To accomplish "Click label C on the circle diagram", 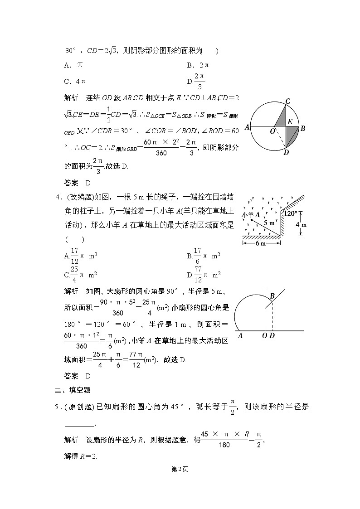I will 287,101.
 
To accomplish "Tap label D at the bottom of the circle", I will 286,153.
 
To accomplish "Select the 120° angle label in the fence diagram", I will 290,213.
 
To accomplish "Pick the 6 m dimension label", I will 261,243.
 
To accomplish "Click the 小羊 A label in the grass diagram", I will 250,214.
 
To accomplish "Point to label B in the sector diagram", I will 272,296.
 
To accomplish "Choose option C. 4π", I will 75,81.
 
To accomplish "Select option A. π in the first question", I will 73,65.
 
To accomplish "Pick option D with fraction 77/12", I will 204,275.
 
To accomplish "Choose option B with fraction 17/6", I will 204,256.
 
